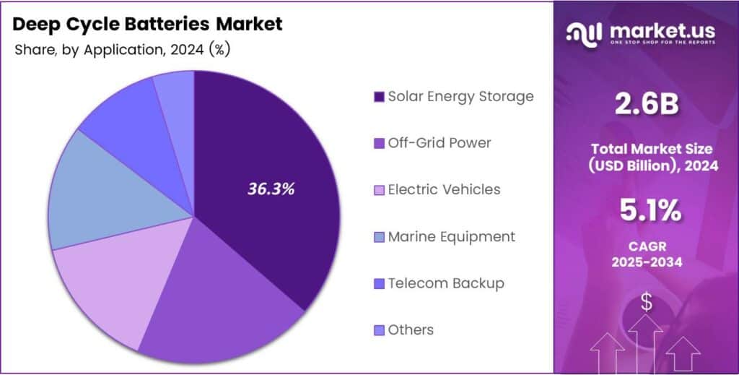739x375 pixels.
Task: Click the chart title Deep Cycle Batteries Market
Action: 148,24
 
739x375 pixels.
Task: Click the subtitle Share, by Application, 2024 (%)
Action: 122,50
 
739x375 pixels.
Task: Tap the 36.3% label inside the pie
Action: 271,189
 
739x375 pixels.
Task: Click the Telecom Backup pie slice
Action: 130,123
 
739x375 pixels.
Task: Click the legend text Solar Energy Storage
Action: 460,96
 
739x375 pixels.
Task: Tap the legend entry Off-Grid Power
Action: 439,142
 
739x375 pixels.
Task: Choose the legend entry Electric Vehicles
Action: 444,189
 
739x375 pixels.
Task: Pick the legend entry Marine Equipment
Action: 451,236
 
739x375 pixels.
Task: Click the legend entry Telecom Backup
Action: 445,283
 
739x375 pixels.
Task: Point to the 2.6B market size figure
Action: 647,105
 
